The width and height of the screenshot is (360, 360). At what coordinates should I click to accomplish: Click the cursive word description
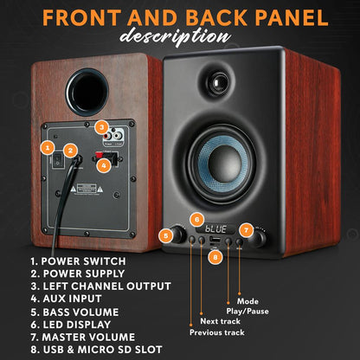179,36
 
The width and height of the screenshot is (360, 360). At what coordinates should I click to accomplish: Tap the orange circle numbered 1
48,148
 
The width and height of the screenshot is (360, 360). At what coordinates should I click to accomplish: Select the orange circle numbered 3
101,127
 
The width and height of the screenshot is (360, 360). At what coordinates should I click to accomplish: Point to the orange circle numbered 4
103,164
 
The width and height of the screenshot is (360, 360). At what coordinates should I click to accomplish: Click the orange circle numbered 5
165,235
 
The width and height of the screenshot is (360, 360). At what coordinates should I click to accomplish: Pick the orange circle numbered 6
197,219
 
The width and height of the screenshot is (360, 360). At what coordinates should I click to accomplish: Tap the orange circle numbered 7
247,230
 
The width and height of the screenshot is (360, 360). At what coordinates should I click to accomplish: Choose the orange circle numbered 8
215,256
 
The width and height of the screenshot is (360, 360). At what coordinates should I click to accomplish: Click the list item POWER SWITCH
78,260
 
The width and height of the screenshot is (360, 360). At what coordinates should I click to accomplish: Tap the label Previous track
217,331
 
